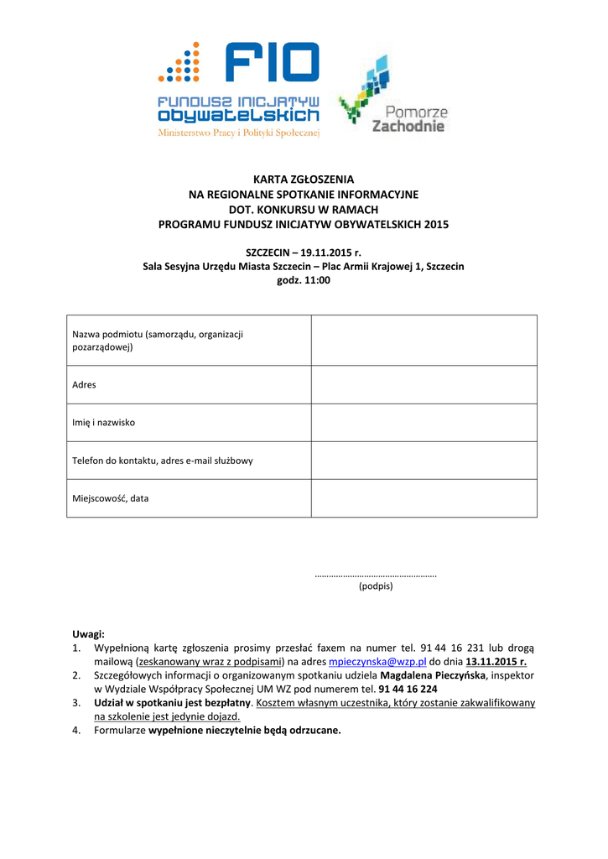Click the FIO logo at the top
tap(239, 88)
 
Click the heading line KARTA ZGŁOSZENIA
tap(304, 180)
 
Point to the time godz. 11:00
tap(304, 280)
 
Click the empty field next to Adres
tap(424, 385)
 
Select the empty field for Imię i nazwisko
tap(424, 423)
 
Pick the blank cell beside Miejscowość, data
tap(424, 498)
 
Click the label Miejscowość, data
tap(111, 498)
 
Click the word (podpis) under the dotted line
tap(376, 586)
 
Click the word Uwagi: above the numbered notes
tap(88, 634)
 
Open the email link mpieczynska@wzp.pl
tap(377, 661)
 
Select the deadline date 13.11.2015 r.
tap(496, 661)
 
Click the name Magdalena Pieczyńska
tap(433, 674)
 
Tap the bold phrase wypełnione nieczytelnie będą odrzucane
tap(245, 730)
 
